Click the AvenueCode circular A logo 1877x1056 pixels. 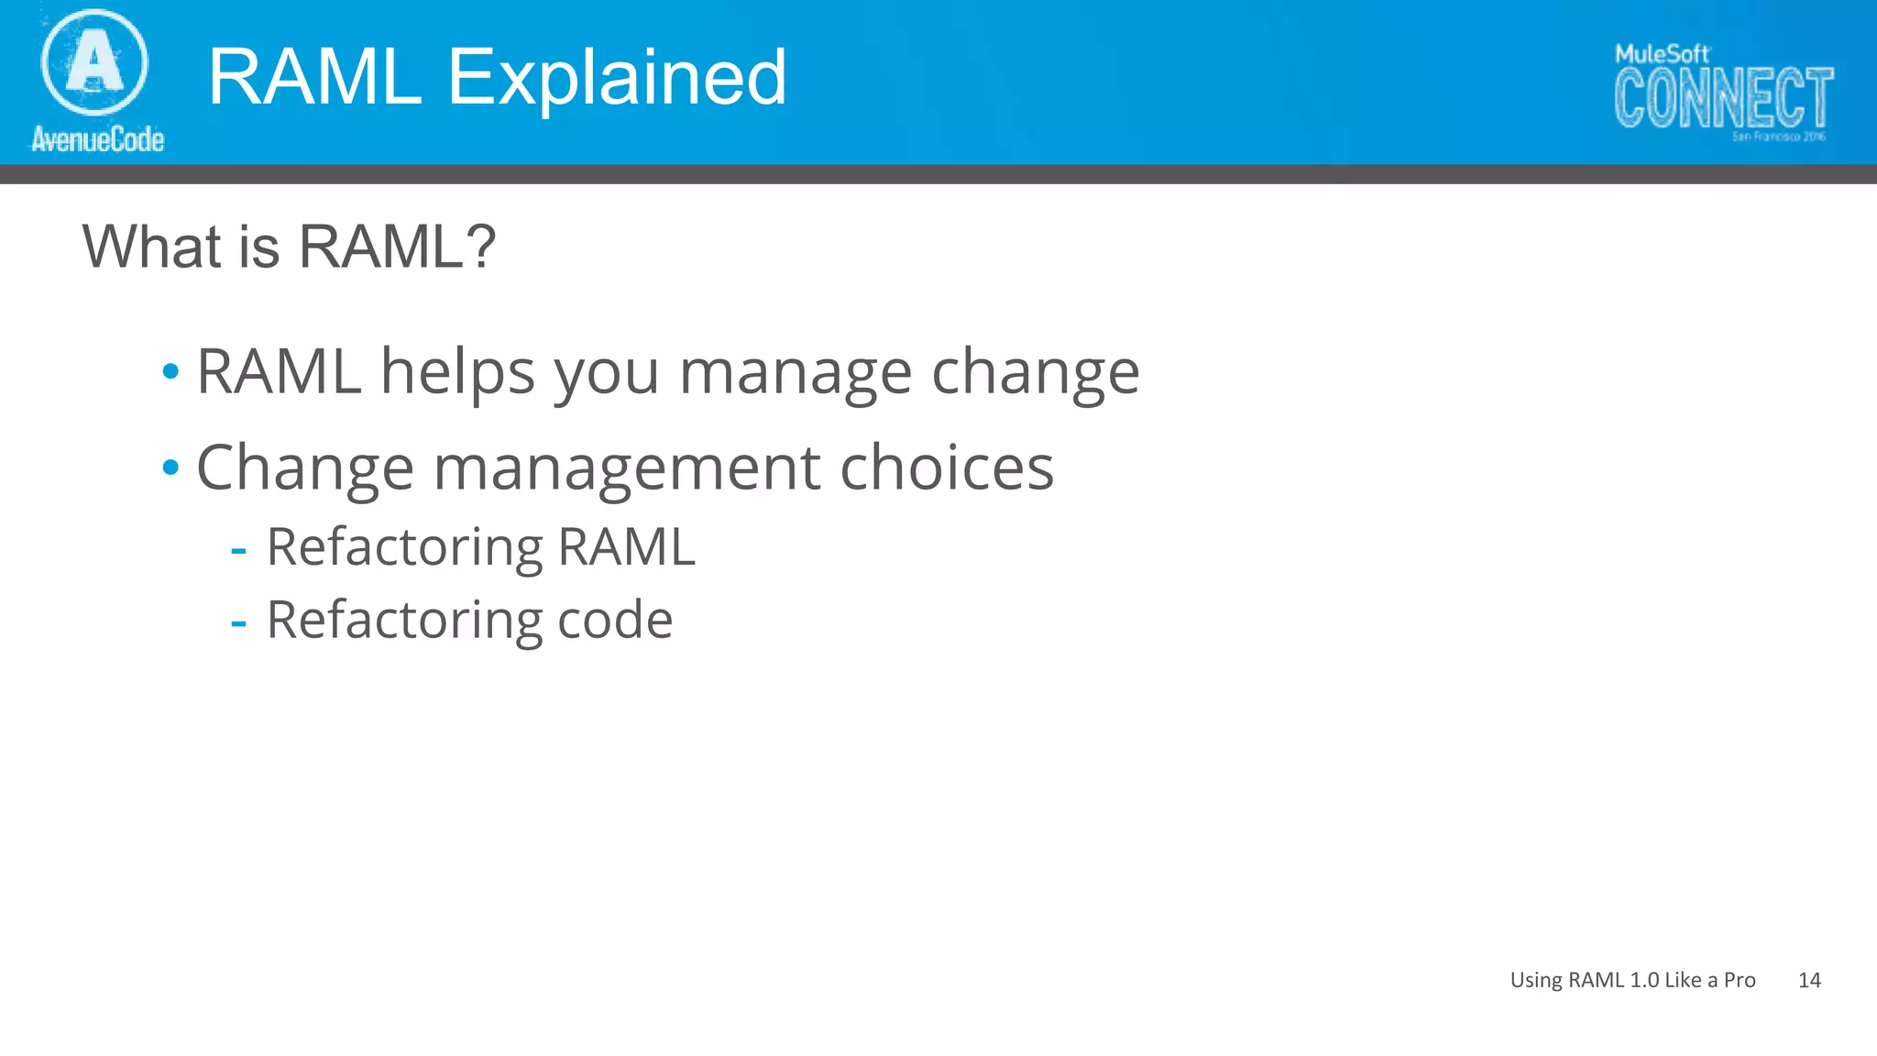[x=94, y=62]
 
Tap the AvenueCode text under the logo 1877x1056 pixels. [x=98, y=139]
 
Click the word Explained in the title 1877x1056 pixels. [x=616, y=77]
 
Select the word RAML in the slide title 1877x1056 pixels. [x=314, y=77]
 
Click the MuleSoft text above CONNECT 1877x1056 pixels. [x=1662, y=54]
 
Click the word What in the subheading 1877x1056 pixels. [x=151, y=247]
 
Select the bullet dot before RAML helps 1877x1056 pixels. [x=170, y=372]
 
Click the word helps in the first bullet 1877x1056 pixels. [x=457, y=372]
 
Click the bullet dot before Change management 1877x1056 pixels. [x=170, y=467]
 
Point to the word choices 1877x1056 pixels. [x=947, y=467]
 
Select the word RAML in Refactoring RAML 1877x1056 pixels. [x=627, y=547]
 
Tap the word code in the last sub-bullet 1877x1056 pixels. [x=615, y=621]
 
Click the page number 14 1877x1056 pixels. [x=1809, y=980]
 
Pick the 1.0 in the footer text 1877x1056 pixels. [x=1644, y=980]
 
